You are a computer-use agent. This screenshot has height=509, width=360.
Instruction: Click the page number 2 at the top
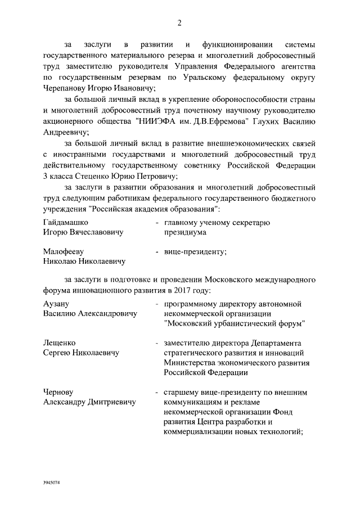click(179, 22)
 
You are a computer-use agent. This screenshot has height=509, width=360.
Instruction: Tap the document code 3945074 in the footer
click(52, 483)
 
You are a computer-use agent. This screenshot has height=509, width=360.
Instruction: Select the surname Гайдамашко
click(65, 222)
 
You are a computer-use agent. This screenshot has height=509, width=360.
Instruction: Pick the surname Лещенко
click(60, 343)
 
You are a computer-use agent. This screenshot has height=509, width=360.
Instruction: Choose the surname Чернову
click(58, 391)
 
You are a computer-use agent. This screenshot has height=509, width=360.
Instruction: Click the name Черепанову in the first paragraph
click(66, 88)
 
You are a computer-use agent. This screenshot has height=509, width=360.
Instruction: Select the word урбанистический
click(249, 323)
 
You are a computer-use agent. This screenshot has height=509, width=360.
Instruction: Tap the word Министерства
click(190, 363)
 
